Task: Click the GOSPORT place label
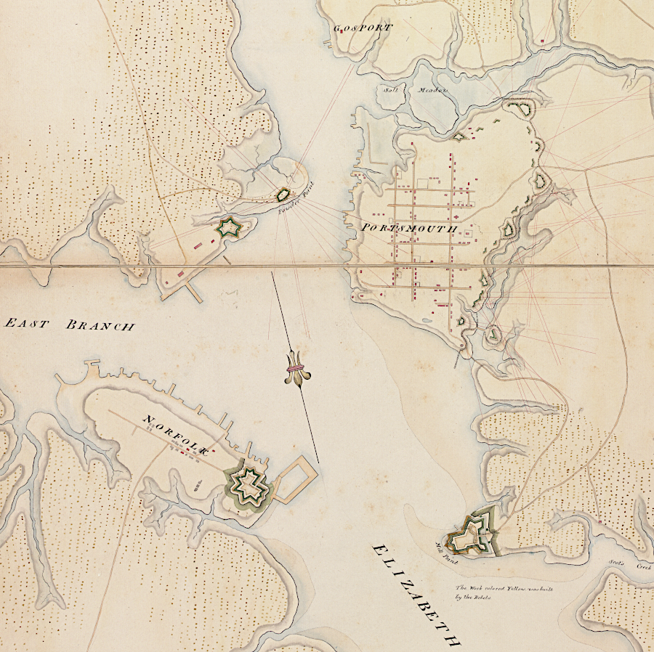(363, 28)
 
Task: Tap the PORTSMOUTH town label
(408, 228)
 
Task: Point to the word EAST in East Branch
(28, 323)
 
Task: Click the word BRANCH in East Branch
(100, 326)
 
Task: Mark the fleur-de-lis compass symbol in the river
(294, 369)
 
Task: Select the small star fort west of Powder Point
(229, 228)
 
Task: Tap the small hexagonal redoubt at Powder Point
(283, 195)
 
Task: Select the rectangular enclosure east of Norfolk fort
(295, 478)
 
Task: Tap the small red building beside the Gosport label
(342, 34)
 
